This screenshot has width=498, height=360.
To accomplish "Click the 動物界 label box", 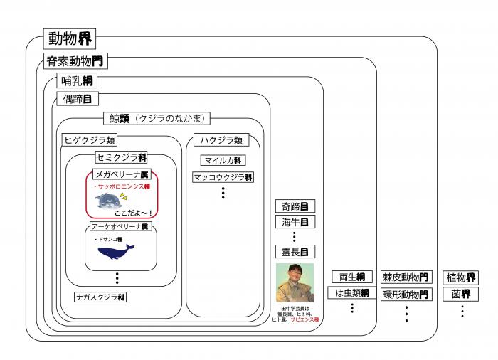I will [x=69, y=38].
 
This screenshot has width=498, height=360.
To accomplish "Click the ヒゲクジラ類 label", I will [x=89, y=139].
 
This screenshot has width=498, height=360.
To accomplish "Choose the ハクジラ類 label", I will [x=222, y=140].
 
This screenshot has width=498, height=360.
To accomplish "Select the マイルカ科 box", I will [x=222, y=160].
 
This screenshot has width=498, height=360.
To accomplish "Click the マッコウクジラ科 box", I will [x=222, y=177].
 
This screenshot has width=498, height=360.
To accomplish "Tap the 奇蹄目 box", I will [x=295, y=206].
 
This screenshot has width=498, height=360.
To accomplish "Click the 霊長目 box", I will [x=295, y=251].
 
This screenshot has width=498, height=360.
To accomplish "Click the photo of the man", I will [x=295, y=284].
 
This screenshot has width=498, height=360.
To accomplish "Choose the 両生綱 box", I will [x=351, y=277].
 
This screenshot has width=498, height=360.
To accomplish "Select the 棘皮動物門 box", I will [x=406, y=277].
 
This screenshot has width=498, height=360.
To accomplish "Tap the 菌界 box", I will [x=460, y=293].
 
